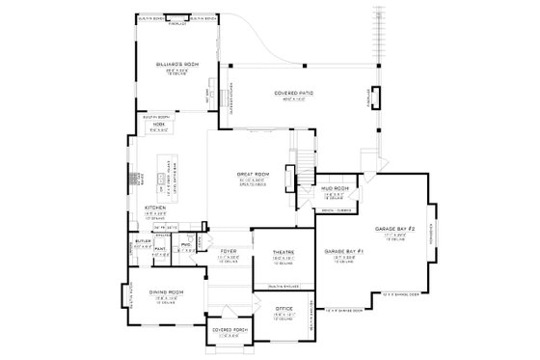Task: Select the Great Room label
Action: (x=251, y=176)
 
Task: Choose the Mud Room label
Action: (x=334, y=190)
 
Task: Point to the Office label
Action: (x=283, y=309)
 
